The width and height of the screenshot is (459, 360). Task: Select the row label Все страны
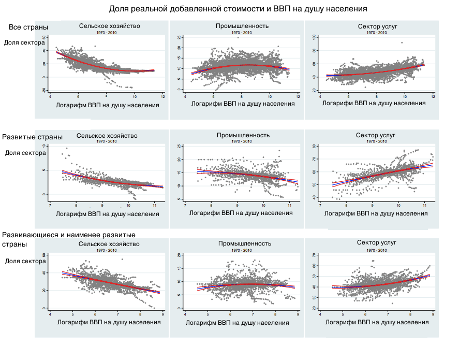tap(28, 27)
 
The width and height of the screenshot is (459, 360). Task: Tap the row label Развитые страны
tap(32, 137)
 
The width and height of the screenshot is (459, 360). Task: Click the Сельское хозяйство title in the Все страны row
tap(109, 26)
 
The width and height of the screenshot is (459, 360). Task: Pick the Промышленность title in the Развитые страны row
tap(243, 135)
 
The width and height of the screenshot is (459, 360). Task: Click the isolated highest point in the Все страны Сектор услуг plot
tap(402, 43)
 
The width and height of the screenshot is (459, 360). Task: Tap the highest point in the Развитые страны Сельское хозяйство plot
tap(67, 149)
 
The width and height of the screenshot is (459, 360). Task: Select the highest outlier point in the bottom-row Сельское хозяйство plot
tap(122, 260)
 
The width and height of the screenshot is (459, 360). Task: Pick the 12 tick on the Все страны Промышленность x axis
tap(297, 96)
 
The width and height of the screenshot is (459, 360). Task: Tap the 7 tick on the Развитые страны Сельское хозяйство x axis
tap(50, 205)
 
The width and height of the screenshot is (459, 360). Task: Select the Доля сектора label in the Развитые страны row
tap(25, 153)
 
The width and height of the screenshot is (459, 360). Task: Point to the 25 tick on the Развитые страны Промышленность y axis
tap(179, 147)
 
